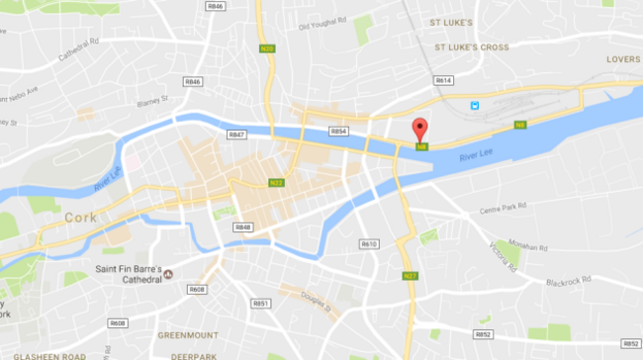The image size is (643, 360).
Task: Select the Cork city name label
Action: click(78, 217)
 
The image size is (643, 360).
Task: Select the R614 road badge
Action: click(443, 80)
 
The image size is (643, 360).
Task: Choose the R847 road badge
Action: click(236, 135)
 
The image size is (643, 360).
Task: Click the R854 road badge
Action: click(338, 131)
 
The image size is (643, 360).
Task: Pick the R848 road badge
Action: click(243, 227)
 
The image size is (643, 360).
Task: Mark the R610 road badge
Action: click(369, 243)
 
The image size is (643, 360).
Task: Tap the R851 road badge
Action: click(260, 304)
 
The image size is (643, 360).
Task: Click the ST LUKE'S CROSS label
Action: click(472, 46)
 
